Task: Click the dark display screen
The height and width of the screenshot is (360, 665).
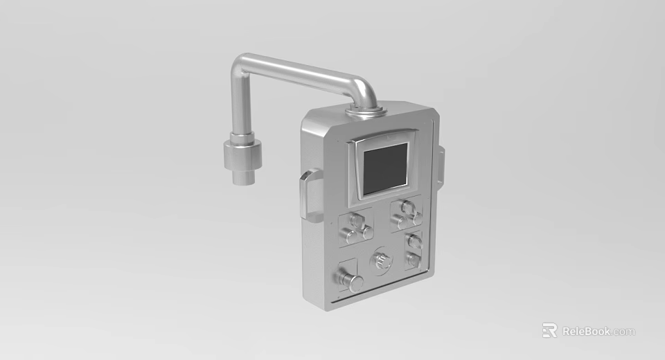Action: click(x=385, y=168)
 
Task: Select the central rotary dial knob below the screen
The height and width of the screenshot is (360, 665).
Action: click(x=380, y=261)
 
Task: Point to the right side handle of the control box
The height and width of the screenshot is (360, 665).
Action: click(x=440, y=167)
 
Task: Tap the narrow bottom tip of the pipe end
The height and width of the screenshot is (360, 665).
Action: click(x=243, y=178)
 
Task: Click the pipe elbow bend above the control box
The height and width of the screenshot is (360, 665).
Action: click(x=363, y=91)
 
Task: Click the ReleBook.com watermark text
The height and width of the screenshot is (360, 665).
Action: click(x=598, y=331)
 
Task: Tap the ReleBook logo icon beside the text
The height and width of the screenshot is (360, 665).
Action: click(x=549, y=330)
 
